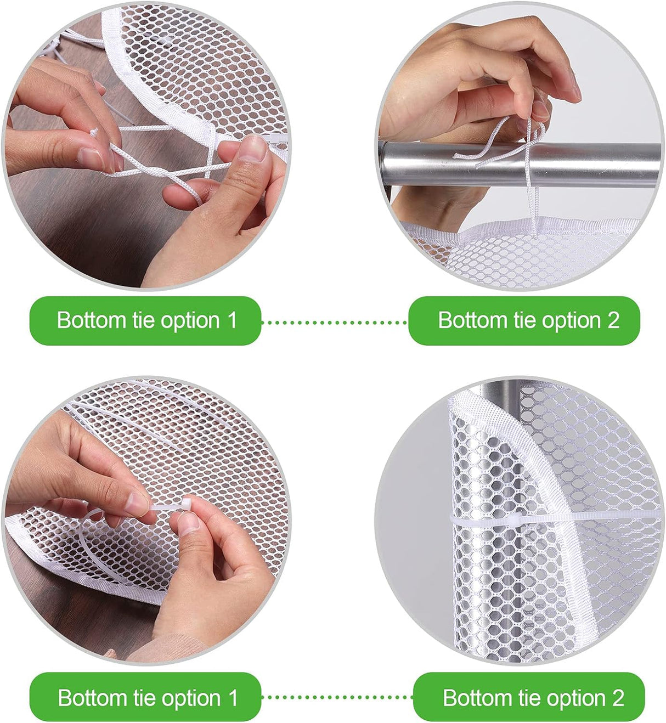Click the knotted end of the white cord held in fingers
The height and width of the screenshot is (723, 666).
tap(94, 132)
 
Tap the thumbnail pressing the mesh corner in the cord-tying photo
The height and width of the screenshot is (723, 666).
tap(253, 148)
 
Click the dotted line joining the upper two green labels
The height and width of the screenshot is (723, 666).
tap(335, 322)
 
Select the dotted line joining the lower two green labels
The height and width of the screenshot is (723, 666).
tap(337, 697)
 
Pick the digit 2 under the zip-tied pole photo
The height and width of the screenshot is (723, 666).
tap(618, 698)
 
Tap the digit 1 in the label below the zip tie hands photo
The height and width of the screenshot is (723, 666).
tap(233, 698)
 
